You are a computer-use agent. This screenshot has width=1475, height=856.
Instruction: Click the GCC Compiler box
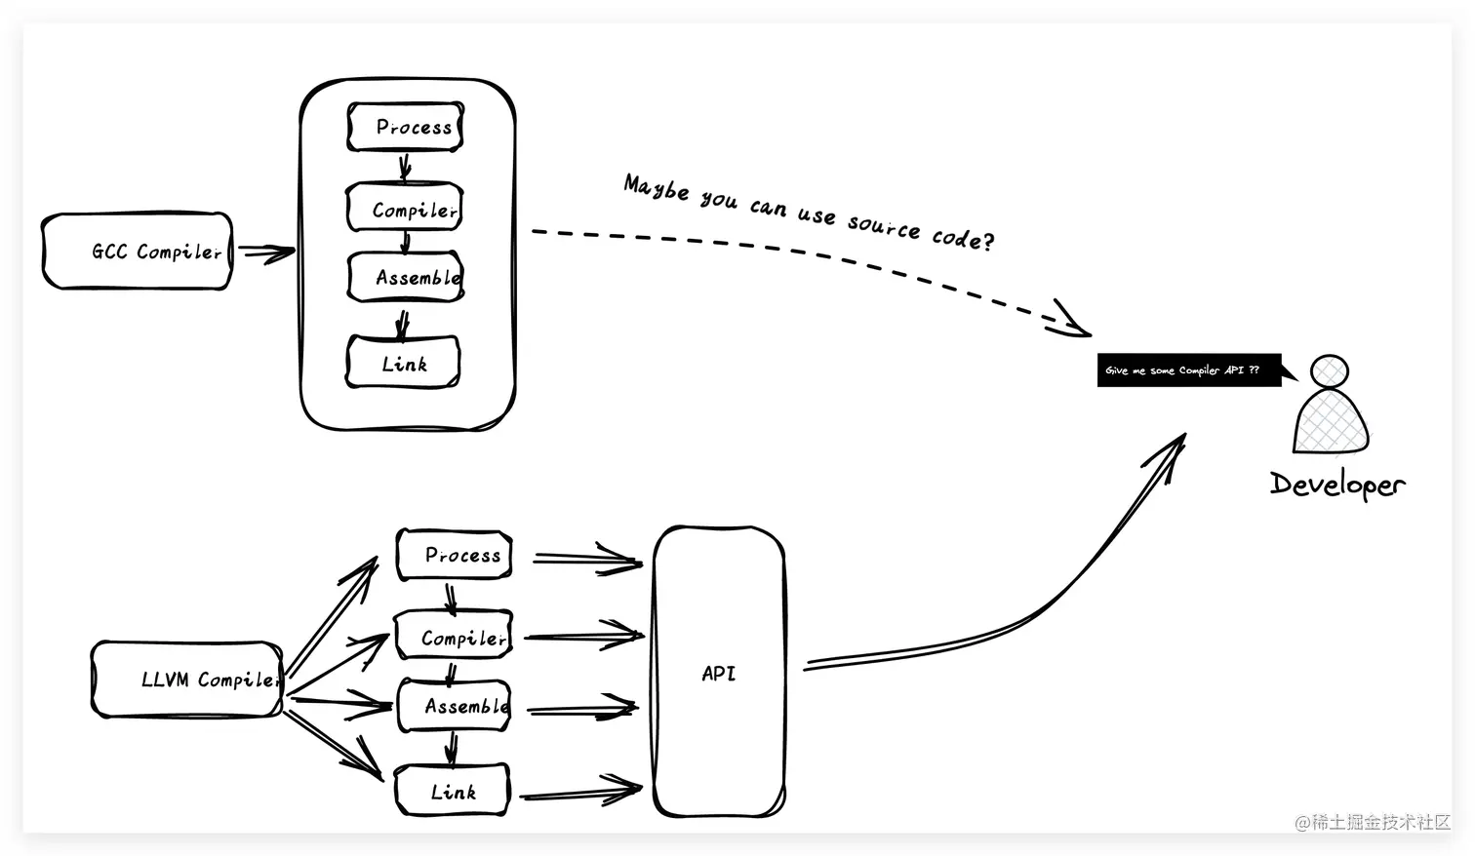[138, 252]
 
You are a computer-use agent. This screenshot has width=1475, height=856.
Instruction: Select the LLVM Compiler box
[187, 680]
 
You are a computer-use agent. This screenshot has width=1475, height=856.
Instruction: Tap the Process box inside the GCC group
[405, 128]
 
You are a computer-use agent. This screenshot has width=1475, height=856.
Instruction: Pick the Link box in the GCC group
[403, 363]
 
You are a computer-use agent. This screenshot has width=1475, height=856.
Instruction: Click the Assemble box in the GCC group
[405, 277]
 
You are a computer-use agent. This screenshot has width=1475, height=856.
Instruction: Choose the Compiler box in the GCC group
[404, 209]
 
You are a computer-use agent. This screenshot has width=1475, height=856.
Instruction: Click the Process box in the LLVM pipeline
[454, 555]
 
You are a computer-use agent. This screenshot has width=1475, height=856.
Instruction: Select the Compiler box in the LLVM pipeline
[453, 637]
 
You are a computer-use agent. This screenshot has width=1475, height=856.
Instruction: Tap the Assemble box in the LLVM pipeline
[454, 706]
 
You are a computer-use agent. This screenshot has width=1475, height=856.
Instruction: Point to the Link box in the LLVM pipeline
[452, 791]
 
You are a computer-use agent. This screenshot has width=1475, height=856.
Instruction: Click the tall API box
[719, 672]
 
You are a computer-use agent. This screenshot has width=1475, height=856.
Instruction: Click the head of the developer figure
[1330, 371]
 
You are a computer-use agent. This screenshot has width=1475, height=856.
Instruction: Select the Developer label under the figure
[1336, 484]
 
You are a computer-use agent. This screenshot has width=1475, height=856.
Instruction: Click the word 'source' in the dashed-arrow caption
[883, 225]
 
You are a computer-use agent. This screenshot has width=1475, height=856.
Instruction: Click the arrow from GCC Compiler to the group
[265, 253]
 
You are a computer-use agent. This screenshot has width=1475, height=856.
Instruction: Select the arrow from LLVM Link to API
[579, 792]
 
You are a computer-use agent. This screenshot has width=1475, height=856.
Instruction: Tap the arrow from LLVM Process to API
[586, 560]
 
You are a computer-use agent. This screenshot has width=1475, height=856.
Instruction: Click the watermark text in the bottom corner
[1373, 822]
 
